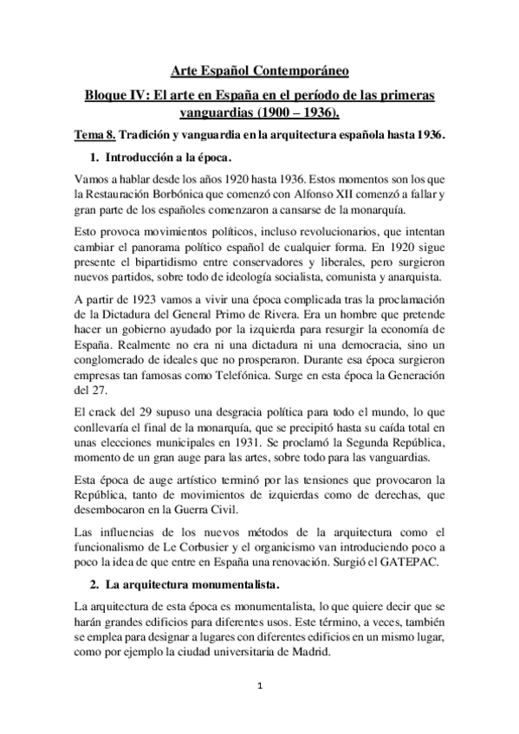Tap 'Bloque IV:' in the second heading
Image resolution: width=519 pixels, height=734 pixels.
coord(112,93)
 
